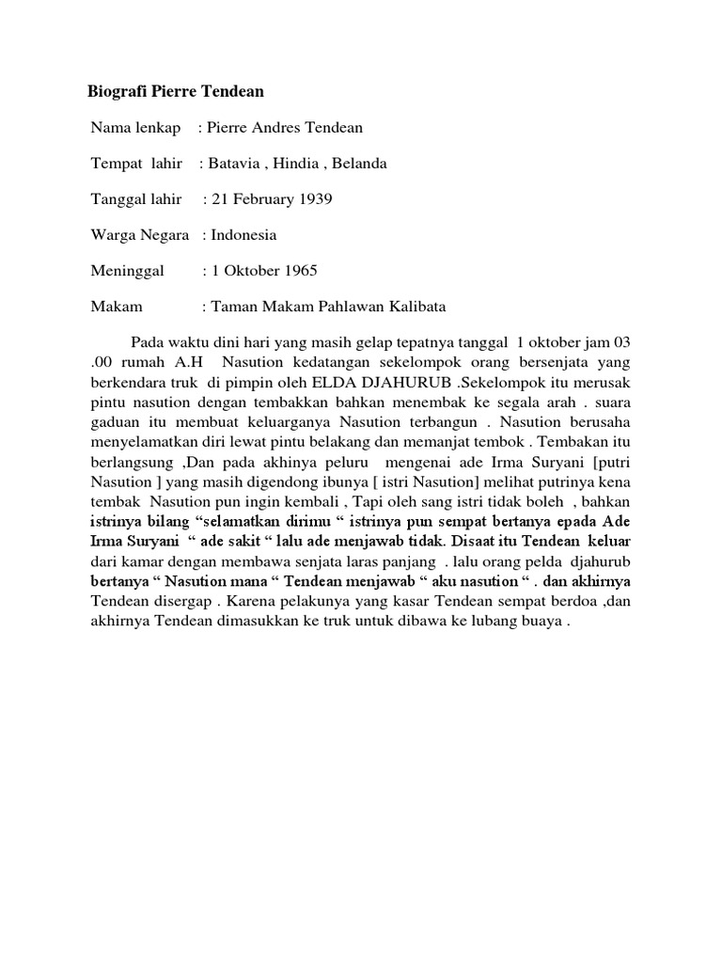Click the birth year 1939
(x=314, y=199)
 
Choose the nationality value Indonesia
(x=243, y=235)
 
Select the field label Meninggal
(x=127, y=271)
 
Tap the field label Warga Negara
(x=140, y=235)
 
